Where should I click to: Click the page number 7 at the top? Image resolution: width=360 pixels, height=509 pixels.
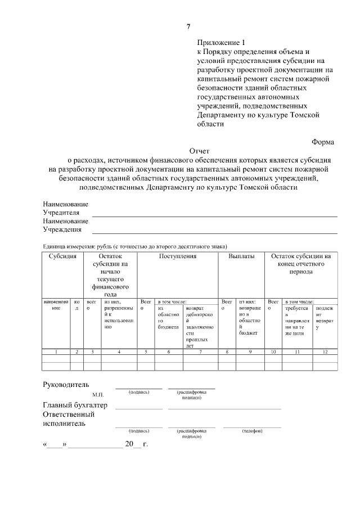click(x=189, y=26)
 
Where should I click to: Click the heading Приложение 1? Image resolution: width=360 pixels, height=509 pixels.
click(x=222, y=43)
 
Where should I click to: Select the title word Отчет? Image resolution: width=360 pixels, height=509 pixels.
click(x=199, y=151)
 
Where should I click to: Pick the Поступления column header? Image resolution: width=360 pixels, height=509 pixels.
click(x=177, y=256)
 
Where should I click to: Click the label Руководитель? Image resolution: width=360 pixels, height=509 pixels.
click(x=66, y=385)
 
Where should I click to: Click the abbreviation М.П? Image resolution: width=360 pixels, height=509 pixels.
click(x=98, y=395)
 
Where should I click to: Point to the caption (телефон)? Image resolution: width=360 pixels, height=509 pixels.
click(x=252, y=431)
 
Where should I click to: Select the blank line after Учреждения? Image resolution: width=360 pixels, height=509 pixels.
click(x=214, y=232)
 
